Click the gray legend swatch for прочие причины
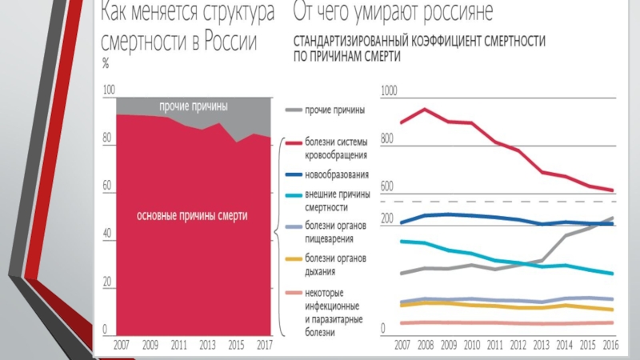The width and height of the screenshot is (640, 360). (293, 110)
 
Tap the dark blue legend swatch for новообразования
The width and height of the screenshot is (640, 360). (293, 174)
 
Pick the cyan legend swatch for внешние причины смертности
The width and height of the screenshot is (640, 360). (293, 194)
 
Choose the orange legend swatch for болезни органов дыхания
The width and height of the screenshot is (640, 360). (293, 258)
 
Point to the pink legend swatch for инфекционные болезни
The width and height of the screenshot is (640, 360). (293, 292)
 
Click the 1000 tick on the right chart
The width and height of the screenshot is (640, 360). (388, 92)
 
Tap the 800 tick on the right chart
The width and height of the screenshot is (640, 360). (387, 139)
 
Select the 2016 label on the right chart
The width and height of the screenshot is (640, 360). (610, 345)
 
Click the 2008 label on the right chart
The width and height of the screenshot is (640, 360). (425, 345)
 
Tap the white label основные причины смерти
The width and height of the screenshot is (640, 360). (192, 216)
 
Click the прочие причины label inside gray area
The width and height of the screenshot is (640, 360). (193, 106)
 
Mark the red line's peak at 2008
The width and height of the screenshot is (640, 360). (425, 110)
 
